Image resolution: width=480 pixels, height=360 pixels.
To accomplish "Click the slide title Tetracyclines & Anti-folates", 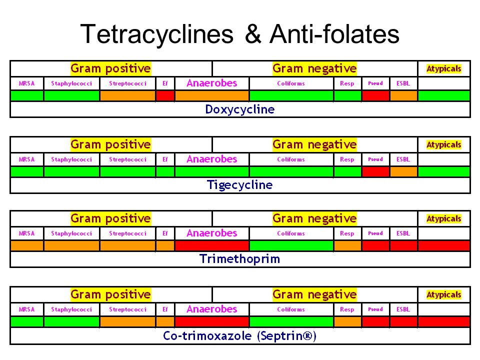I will click(239, 34).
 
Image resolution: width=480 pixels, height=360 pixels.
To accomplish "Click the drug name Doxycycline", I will click(240, 109).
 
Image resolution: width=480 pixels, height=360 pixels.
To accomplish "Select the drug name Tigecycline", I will click(240, 185).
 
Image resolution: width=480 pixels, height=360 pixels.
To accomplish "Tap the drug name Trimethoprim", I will click(240, 259).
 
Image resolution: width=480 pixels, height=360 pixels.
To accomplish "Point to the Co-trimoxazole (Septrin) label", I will click(240, 336).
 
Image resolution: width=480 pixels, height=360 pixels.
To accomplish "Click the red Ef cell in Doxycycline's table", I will click(165, 95).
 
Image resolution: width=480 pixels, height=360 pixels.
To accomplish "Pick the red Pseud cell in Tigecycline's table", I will click(375, 171).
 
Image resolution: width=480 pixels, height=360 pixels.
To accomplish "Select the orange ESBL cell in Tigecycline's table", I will click(403, 171).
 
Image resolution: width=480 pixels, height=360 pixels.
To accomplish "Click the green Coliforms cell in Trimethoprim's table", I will click(291, 245).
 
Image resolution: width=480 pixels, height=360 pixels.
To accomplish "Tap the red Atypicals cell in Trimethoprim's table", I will click(444, 245).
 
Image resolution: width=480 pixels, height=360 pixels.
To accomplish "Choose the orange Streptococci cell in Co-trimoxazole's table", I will click(127, 321).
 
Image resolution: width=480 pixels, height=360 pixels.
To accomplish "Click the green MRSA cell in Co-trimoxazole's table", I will click(27, 321).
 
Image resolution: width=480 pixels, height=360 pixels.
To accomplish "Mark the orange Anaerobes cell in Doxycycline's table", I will click(211, 95).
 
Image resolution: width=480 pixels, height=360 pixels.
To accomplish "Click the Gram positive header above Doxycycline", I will click(110, 68).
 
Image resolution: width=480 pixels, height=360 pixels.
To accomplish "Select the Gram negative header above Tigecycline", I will click(314, 144).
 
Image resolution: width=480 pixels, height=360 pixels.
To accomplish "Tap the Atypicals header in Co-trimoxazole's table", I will click(444, 294).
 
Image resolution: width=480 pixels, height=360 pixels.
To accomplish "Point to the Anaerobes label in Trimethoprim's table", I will click(211, 233).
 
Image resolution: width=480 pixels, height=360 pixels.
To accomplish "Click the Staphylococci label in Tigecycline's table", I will click(71, 159).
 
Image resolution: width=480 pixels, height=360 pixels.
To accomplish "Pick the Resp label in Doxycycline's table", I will click(347, 83).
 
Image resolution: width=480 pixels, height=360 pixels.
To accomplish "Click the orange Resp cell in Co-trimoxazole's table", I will click(347, 321).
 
